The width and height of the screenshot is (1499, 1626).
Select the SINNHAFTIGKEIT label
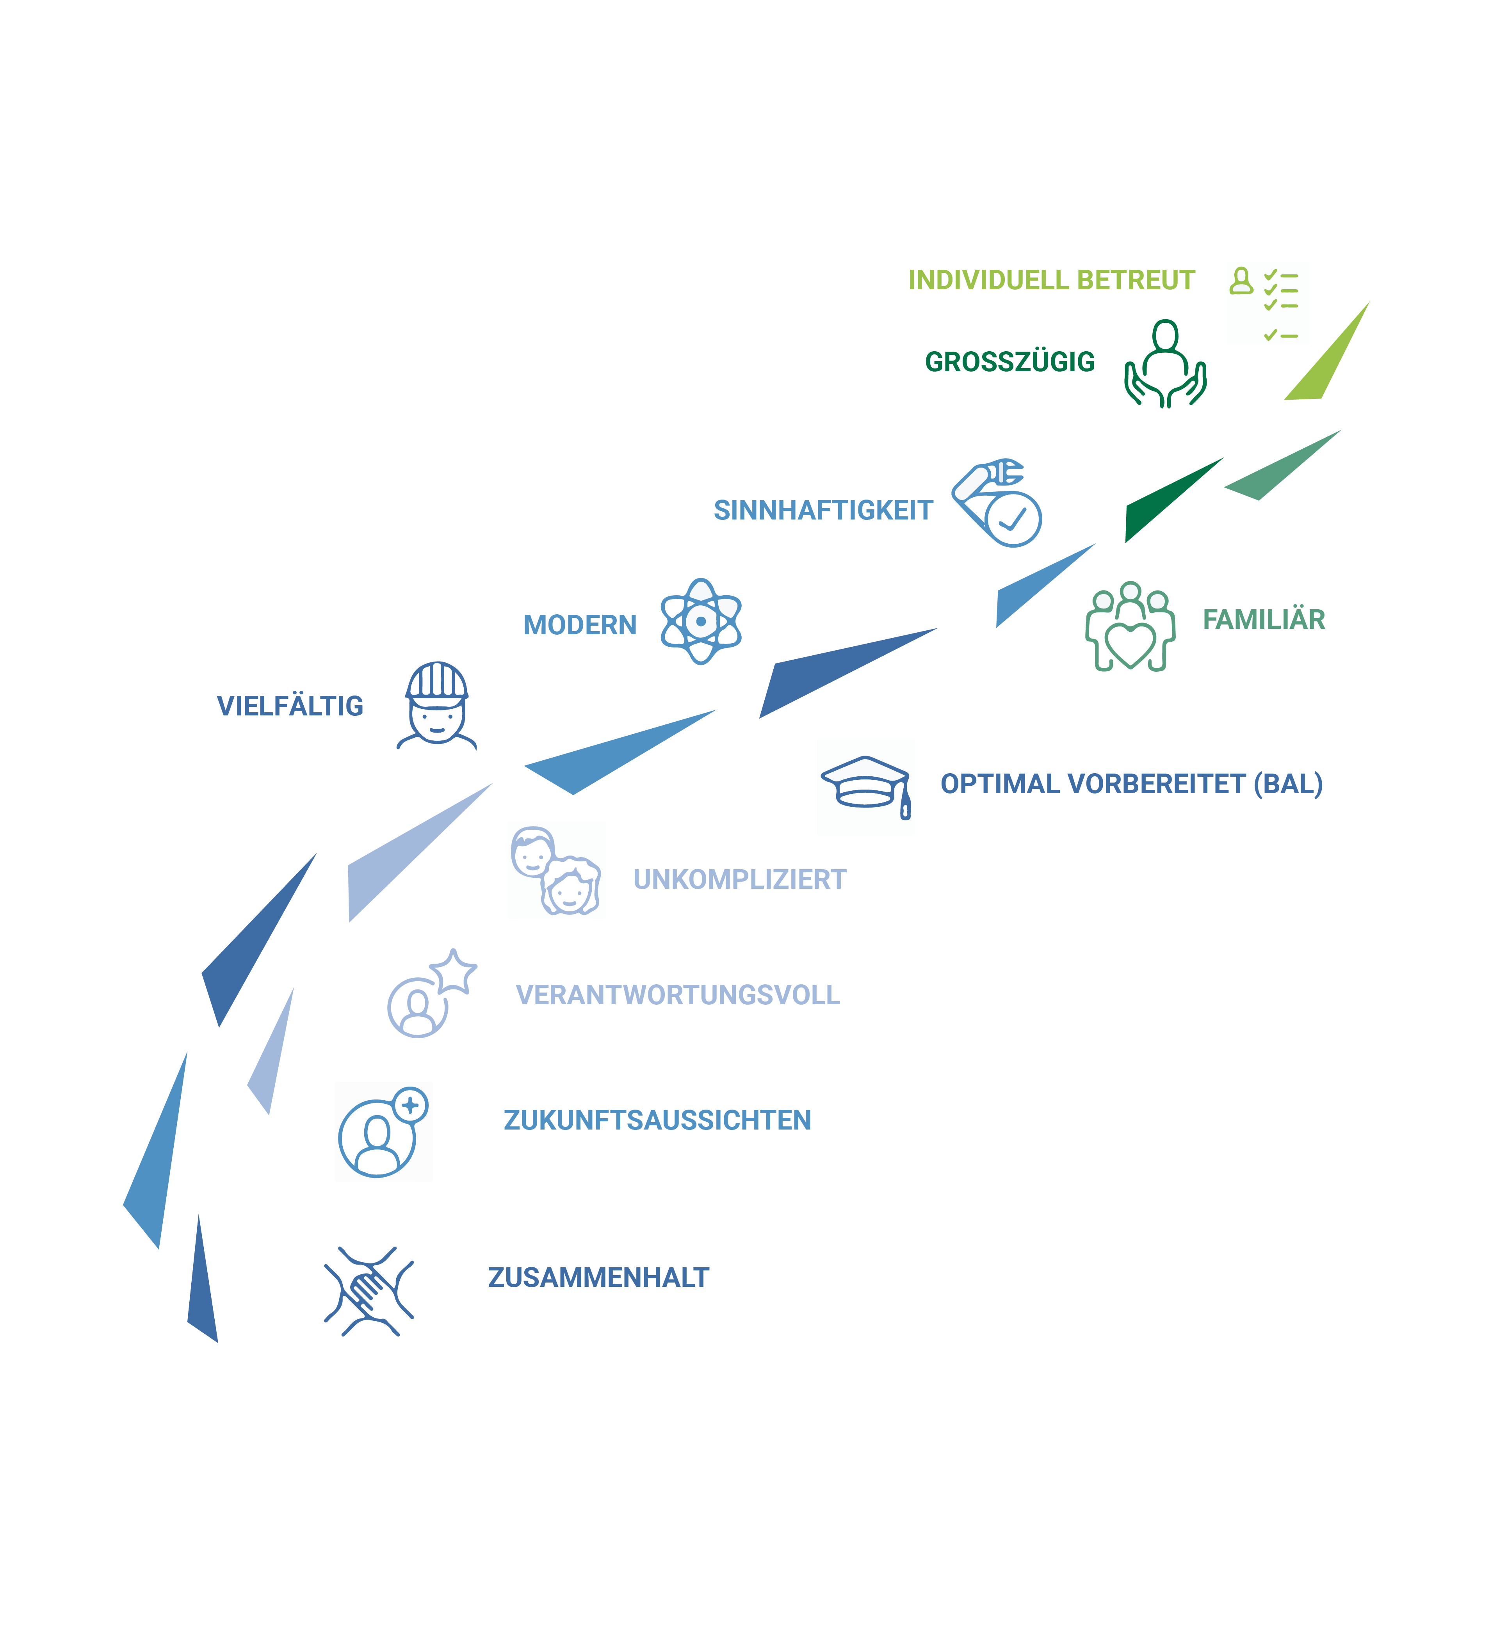click(x=823, y=510)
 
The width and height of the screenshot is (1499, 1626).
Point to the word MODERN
click(x=580, y=625)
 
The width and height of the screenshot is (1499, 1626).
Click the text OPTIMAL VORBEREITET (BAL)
click(x=1132, y=784)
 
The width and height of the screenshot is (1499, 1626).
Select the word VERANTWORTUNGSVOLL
click(x=678, y=995)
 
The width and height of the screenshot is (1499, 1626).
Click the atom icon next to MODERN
click(x=701, y=621)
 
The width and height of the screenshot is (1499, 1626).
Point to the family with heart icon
click(x=1130, y=626)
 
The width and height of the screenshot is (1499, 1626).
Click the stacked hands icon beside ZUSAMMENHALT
click(x=369, y=1291)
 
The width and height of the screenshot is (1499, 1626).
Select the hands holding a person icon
click(x=1166, y=363)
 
